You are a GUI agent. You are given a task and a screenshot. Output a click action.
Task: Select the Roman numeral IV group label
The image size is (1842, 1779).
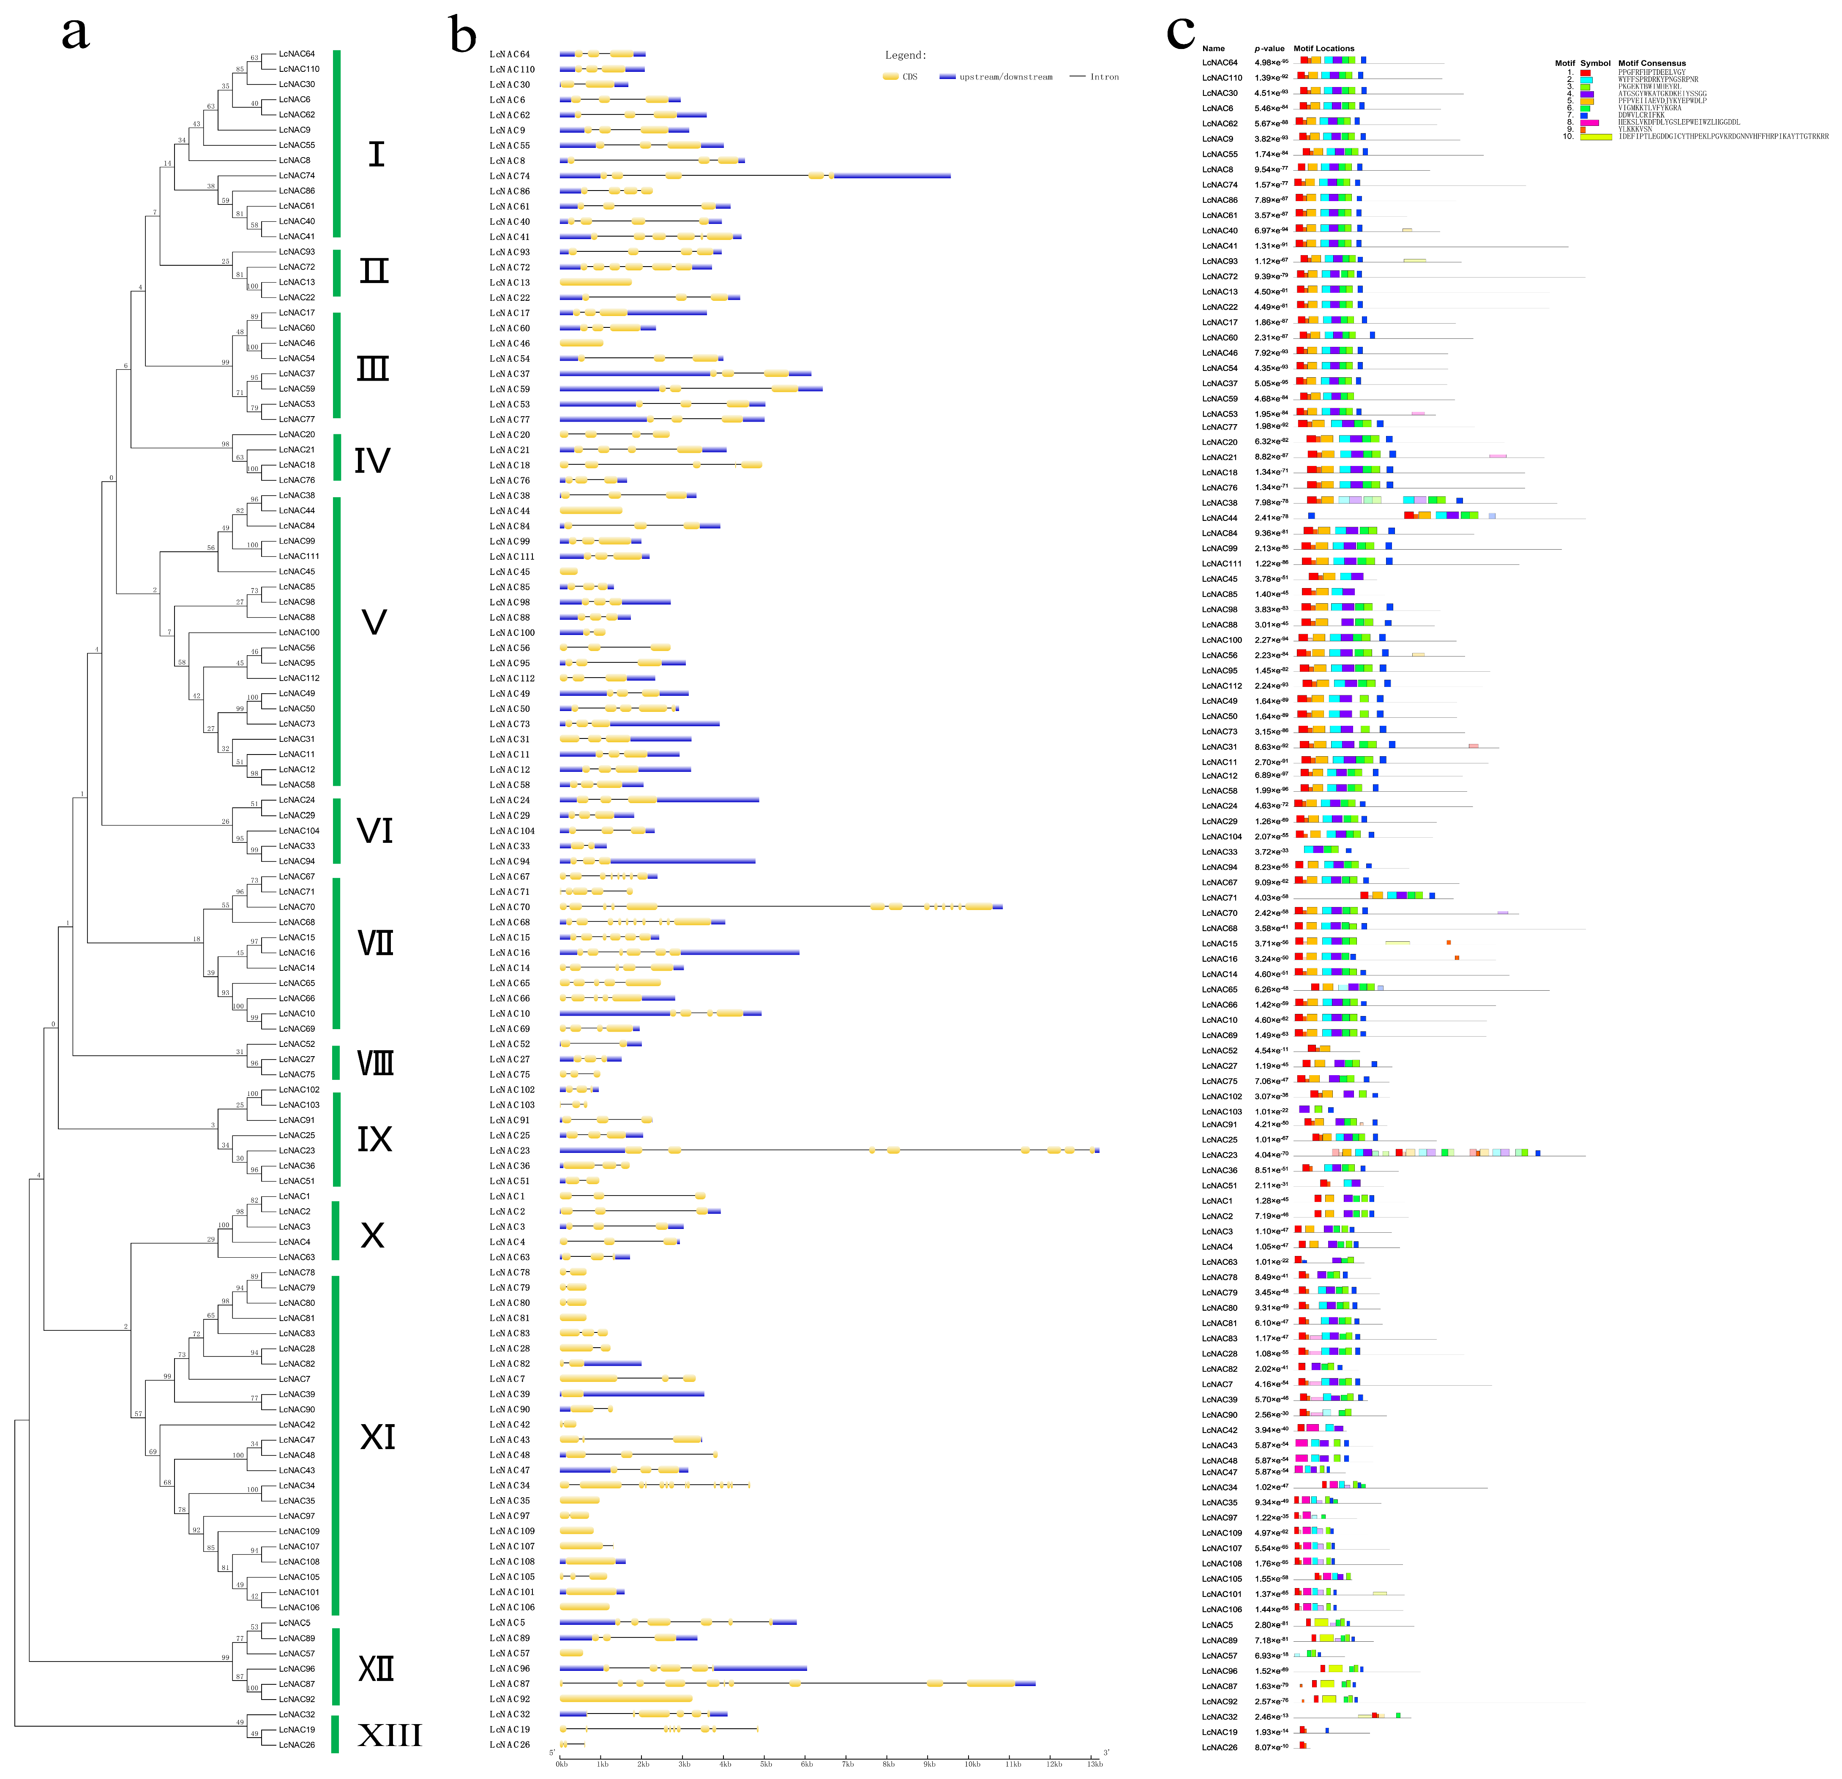pyautogui.click(x=372, y=460)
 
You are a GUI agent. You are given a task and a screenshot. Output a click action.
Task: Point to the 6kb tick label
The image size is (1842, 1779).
pyautogui.click(x=806, y=1764)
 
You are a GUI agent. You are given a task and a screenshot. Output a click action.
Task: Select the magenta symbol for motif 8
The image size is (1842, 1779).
pyautogui.click(x=1589, y=122)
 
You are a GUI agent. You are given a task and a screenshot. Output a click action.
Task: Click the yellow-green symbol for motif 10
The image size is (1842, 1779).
pyautogui.click(x=1595, y=136)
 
